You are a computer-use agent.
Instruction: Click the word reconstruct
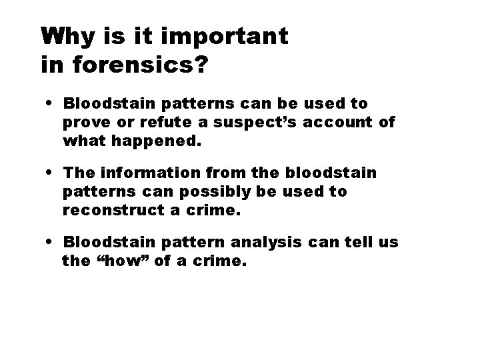(x=109, y=211)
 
